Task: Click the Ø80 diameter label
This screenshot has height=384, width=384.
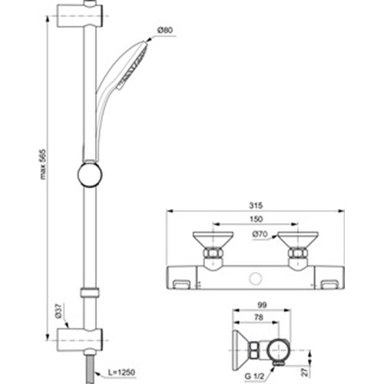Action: (164, 30)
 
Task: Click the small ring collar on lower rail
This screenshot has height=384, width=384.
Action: (90, 293)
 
